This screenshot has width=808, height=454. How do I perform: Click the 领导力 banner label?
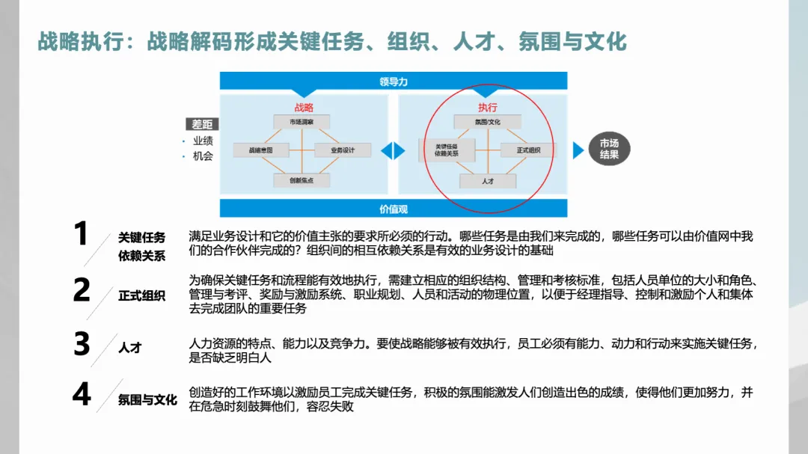(394, 82)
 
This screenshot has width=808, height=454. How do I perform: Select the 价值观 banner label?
(394, 209)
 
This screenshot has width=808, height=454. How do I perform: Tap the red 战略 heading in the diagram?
(304, 108)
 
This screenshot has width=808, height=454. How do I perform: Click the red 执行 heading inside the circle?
(488, 108)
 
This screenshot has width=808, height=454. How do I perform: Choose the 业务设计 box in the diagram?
(343, 150)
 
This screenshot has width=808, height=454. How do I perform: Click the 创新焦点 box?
(302, 180)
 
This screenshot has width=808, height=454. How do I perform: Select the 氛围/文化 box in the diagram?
(488, 122)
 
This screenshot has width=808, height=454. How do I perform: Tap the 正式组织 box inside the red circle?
(528, 150)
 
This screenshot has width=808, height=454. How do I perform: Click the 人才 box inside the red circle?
(488, 181)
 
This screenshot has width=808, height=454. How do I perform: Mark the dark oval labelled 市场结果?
(609, 150)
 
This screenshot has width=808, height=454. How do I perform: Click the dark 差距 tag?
(202, 125)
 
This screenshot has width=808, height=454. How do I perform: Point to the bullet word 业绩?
(203, 141)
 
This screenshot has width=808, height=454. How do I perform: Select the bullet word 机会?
(203, 156)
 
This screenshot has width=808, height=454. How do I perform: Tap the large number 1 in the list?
(81, 234)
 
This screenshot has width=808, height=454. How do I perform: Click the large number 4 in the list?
(82, 394)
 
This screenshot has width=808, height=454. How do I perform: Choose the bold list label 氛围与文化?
(147, 400)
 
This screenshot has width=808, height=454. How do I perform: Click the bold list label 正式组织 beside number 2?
(141, 295)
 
